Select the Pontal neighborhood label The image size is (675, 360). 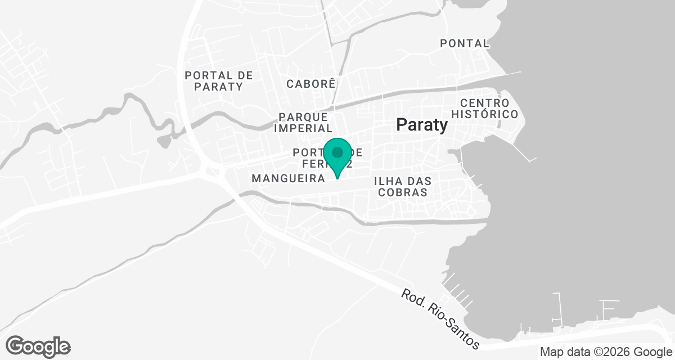point(465,43)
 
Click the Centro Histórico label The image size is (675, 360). point(488,109)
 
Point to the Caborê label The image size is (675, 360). point(311,84)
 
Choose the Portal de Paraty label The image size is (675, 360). point(219,81)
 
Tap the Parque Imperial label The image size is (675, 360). point(303,123)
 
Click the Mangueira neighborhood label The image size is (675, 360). point(289,179)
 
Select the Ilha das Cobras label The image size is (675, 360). point(403,187)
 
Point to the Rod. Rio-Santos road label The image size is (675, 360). point(440,319)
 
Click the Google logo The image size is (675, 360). point(38,346)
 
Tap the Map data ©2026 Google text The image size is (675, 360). point(605,352)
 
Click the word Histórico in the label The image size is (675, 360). point(488,114)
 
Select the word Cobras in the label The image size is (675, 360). point(403,192)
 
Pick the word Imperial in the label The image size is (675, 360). point(303,128)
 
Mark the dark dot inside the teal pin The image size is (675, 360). point(337,152)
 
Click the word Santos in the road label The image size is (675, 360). point(460,332)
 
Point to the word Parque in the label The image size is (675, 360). point(304,117)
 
